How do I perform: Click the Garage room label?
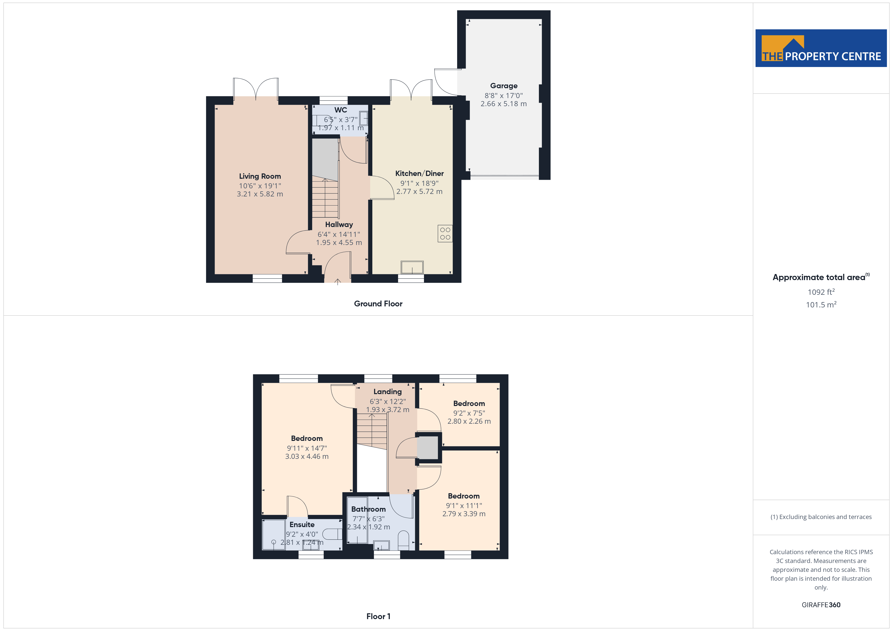click(504, 86)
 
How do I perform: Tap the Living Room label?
click(260, 176)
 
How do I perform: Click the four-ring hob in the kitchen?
click(445, 234)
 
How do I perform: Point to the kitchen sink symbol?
click(412, 267)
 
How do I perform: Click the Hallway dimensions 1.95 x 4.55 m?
click(339, 242)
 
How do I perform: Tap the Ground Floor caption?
click(378, 304)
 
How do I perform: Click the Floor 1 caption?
click(378, 616)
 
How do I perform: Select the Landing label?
click(387, 392)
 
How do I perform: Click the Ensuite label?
click(302, 525)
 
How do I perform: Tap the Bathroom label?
click(368, 509)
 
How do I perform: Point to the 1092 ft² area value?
click(821, 292)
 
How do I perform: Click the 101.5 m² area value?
click(821, 305)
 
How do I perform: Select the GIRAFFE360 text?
click(821, 605)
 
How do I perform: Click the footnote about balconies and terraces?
click(821, 517)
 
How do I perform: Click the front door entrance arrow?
click(338, 282)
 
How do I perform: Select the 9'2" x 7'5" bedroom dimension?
click(469, 413)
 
